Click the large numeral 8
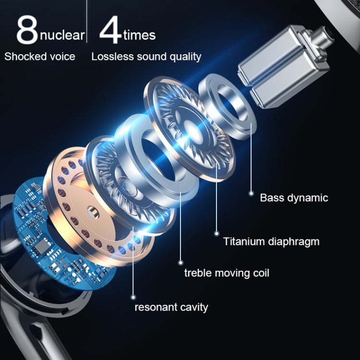(x=27, y=31)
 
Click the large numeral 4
(x=110, y=30)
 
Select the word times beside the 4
(x=139, y=35)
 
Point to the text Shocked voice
(x=40, y=57)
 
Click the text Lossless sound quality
(x=146, y=57)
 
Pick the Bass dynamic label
(x=294, y=197)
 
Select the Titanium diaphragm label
(x=271, y=241)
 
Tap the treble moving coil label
(x=227, y=273)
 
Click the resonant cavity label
(x=171, y=307)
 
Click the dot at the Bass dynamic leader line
(x=251, y=193)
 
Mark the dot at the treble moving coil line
(x=181, y=262)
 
